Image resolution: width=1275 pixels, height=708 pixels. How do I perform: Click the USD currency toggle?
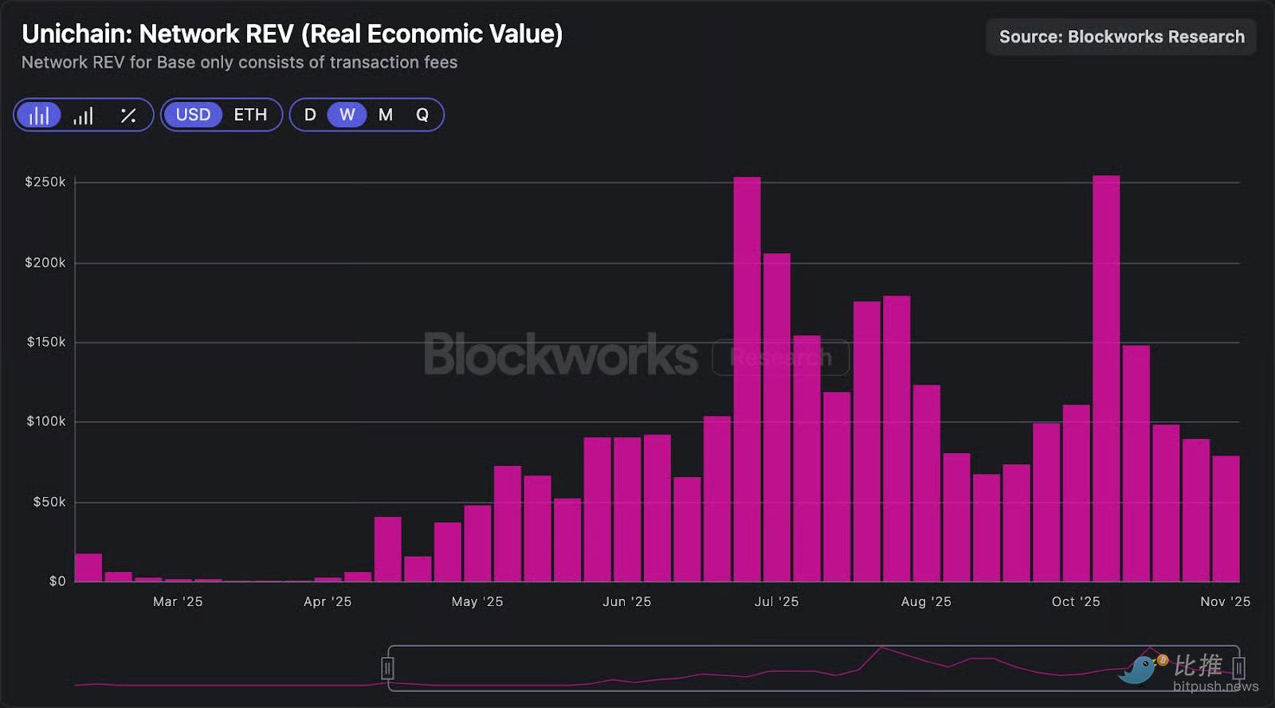pyautogui.click(x=193, y=115)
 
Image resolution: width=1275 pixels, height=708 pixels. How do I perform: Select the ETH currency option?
pyautogui.click(x=250, y=115)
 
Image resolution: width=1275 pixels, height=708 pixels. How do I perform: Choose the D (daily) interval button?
pyautogui.click(x=310, y=115)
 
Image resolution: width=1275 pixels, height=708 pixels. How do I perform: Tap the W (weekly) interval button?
pyautogui.click(x=347, y=115)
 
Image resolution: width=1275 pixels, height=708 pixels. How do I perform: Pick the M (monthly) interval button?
pyautogui.click(x=386, y=115)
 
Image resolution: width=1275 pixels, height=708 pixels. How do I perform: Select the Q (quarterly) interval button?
pyautogui.click(x=422, y=115)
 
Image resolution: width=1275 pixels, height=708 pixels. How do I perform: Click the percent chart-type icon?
pyautogui.click(x=127, y=115)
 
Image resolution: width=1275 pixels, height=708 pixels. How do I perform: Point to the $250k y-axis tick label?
pyautogui.click(x=45, y=182)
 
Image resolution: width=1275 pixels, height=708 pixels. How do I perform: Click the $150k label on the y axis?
pyautogui.click(x=46, y=342)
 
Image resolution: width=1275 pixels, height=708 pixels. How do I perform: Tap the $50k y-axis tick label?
pyautogui.click(x=49, y=503)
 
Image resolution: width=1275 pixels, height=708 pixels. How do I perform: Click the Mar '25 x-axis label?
pyautogui.click(x=178, y=602)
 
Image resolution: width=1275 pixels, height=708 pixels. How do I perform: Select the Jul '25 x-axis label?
pyautogui.click(x=776, y=602)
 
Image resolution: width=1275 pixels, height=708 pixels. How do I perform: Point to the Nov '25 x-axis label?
pyautogui.click(x=1225, y=602)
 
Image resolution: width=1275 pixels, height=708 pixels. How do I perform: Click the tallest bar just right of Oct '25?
pyautogui.click(x=1106, y=378)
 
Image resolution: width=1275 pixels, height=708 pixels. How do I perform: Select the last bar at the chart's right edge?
pyautogui.click(x=1226, y=518)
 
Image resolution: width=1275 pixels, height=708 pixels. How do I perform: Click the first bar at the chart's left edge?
pyautogui.click(x=88, y=568)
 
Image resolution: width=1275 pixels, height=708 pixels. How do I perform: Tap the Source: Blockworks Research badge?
pyautogui.click(x=1121, y=37)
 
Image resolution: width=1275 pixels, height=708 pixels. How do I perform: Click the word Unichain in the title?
pyautogui.click(x=76, y=34)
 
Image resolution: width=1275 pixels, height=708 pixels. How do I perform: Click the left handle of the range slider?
pyautogui.click(x=387, y=667)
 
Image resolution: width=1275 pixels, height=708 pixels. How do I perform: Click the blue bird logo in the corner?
pyautogui.click(x=1138, y=670)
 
